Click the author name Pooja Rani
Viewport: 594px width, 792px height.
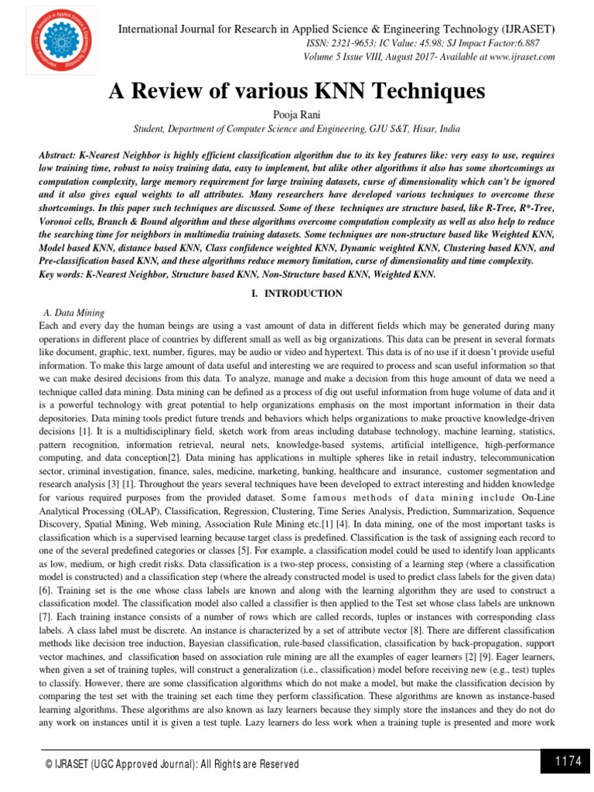[296, 113]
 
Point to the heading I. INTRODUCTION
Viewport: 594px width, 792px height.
[296, 294]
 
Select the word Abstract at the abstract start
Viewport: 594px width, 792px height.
[58, 155]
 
